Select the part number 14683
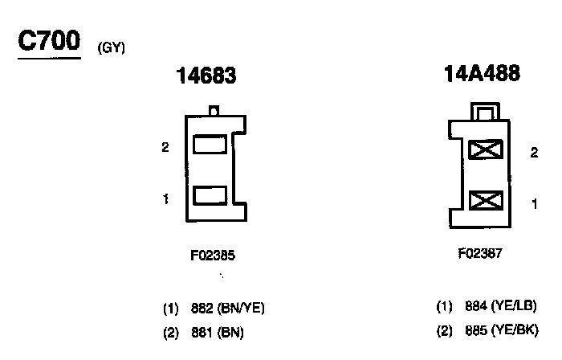[206, 77]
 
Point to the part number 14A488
[482, 75]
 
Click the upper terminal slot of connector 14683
[210, 145]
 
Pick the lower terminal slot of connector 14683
[210, 194]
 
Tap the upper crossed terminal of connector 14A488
[485, 149]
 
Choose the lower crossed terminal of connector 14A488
[485, 199]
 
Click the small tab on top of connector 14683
[214, 111]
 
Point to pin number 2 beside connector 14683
[165, 148]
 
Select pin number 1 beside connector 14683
[165, 198]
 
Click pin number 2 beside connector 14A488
[534, 153]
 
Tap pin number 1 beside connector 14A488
[534, 204]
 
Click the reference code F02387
[481, 252]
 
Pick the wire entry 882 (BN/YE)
[214, 308]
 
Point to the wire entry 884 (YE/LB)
[487, 306]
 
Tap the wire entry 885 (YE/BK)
[487, 329]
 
